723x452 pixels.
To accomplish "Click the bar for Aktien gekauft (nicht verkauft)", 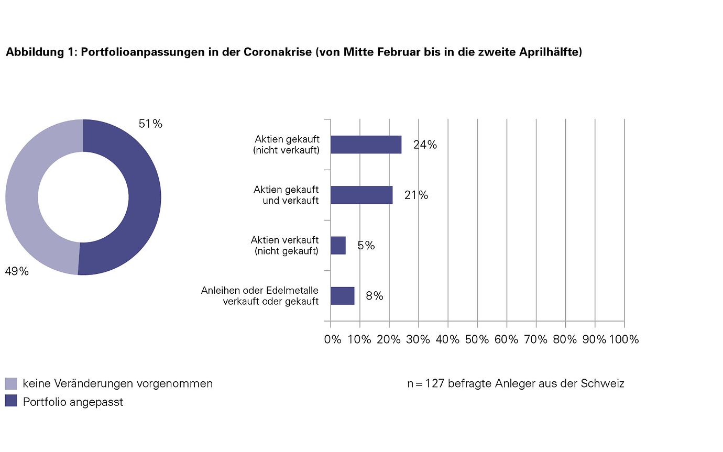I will click(366, 145).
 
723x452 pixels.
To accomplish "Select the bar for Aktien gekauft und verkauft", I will click(361, 195).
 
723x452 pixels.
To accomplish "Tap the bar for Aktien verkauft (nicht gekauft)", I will click(338, 245).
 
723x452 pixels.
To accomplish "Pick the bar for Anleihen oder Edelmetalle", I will click(342, 295).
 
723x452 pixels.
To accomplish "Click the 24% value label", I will click(425, 145).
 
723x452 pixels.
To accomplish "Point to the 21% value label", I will click(416, 195).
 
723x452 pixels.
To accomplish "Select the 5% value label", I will click(366, 246).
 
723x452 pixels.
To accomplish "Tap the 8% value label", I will click(375, 296).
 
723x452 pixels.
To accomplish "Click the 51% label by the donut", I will click(150, 124).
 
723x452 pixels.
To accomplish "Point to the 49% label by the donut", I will click(17, 271).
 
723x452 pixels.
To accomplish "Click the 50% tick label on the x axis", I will click(477, 339).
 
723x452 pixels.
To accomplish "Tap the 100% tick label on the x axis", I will click(623, 339).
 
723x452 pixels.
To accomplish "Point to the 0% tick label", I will click(333, 339).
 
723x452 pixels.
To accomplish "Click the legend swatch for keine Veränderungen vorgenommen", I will click(10, 383).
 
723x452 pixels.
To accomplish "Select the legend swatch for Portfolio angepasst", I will click(10, 401).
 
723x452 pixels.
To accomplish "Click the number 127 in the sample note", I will click(435, 383).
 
